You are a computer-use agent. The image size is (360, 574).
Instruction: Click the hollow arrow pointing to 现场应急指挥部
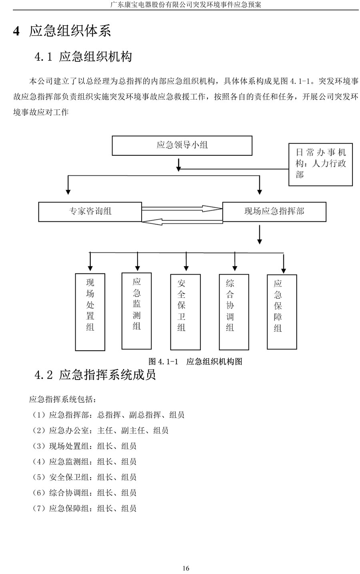pos(182,209)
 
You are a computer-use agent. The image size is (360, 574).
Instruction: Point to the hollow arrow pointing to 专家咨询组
pos(182,222)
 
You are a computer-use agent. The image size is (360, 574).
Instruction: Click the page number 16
pos(186,568)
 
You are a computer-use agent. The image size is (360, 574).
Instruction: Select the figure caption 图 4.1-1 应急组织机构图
pos(195,361)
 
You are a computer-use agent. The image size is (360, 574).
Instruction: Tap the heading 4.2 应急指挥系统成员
pos(95,375)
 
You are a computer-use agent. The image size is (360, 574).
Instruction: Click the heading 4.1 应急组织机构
pos(83,56)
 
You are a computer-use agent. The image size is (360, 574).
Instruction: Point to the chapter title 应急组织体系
pos(70,31)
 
